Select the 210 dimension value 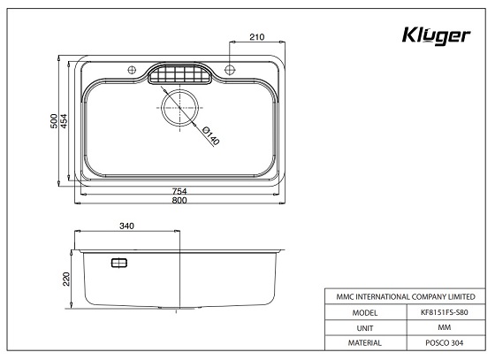(x=256, y=37)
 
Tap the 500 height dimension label (x=54, y=121)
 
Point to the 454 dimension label (x=65, y=121)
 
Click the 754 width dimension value (x=179, y=192)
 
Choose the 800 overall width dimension (x=179, y=202)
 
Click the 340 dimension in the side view (x=126, y=227)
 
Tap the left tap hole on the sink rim (x=132, y=70)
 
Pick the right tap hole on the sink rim (x=230, y=70)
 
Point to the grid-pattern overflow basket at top (x=181, y=74)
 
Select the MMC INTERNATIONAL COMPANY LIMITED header (x=405, y=296)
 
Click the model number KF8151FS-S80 (x=445, y=311)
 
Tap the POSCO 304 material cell (x=445, y=341)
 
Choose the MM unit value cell (x=445, y=326)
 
